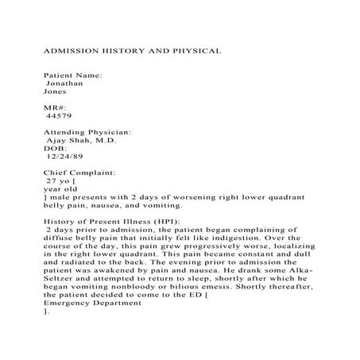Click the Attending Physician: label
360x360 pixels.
pyautogui.click(x=87, y=131)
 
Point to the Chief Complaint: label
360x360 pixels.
pyautogui.click(x=80, y=172)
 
